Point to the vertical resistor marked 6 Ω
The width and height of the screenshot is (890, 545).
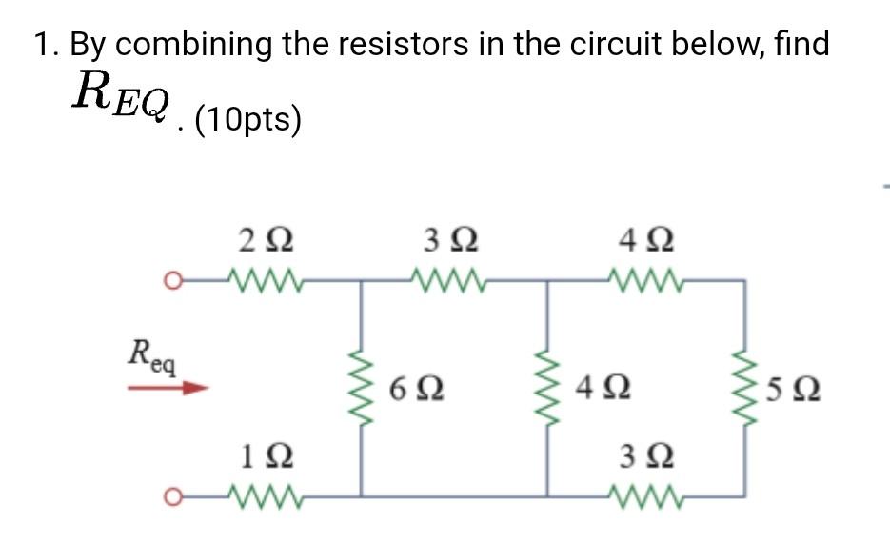[360, 389]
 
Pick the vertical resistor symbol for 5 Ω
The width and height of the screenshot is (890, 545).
[742, 389]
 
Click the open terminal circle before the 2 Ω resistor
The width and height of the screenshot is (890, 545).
[169, 281]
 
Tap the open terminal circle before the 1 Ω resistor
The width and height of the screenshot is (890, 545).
[169, 496]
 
